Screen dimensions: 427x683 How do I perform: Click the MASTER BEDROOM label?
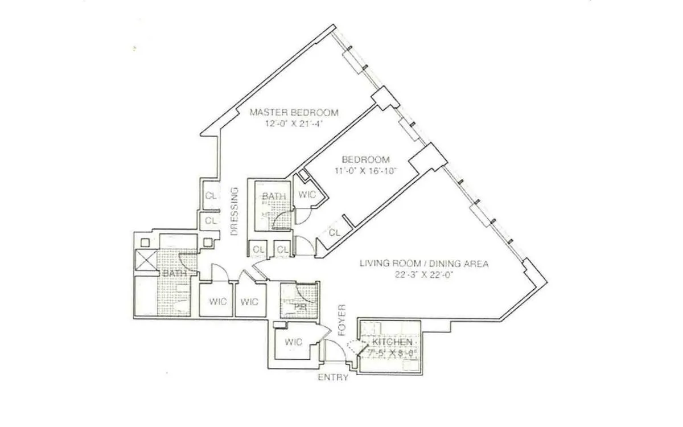click(x=295, y=112)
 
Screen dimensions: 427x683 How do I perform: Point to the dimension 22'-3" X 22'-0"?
click(x=424, y=274)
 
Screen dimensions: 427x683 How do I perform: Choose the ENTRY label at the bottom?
click(x=333, y=377)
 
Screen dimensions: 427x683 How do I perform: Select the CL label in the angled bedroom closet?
click(x=335, y=232)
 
